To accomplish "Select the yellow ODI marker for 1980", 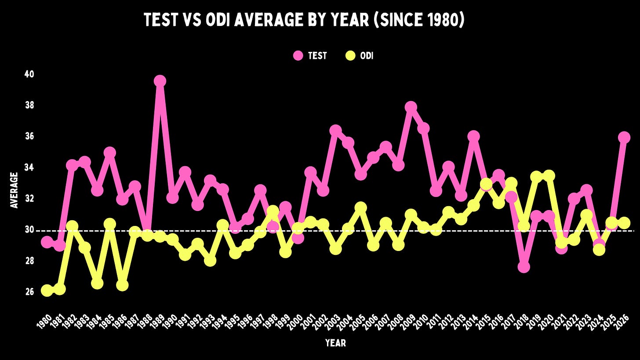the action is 47,291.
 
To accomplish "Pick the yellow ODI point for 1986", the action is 122,285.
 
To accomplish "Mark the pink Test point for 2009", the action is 411,107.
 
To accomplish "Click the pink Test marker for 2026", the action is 624,138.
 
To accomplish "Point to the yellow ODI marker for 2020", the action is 549,176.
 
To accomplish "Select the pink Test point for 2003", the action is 336,131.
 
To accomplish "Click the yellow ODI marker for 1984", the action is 97,284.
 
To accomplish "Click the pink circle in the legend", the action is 298,55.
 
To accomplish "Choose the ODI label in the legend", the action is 367,56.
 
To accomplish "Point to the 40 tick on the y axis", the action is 29,74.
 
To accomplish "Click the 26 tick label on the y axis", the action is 29,292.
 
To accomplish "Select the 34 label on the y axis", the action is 29,167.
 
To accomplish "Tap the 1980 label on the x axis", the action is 44,322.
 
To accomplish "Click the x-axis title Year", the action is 336,343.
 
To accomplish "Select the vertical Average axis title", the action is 14,190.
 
